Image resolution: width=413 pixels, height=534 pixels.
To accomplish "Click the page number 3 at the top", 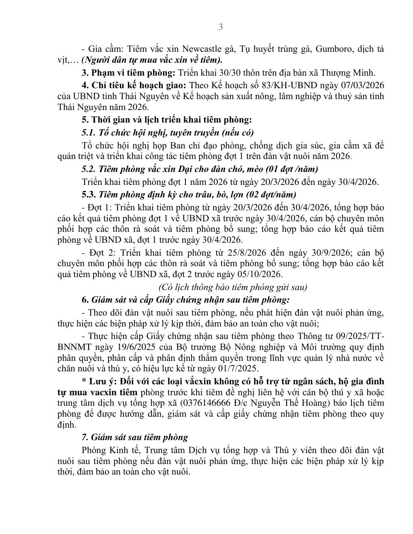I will (221, 27).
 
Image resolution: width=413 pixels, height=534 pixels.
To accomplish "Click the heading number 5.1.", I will (87, 132).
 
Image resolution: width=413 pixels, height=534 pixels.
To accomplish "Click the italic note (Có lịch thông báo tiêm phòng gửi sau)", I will (232, 287).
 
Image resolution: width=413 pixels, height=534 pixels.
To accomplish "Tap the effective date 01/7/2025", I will (236, 369).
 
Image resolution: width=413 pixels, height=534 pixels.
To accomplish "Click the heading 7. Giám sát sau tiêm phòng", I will (134, 437).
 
